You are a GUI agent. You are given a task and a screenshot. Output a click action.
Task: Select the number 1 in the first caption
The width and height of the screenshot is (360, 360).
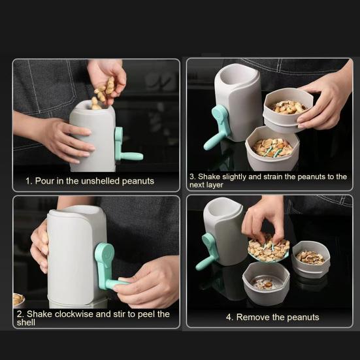click(x=28, y=180)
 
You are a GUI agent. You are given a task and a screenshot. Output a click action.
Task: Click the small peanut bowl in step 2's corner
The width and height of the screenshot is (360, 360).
click(x=18, y=300)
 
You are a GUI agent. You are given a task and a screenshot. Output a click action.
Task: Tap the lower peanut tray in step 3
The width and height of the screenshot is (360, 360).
click(x=272, y=148)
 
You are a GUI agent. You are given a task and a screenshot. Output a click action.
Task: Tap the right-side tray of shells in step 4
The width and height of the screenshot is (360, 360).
click(x=311, y=258)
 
